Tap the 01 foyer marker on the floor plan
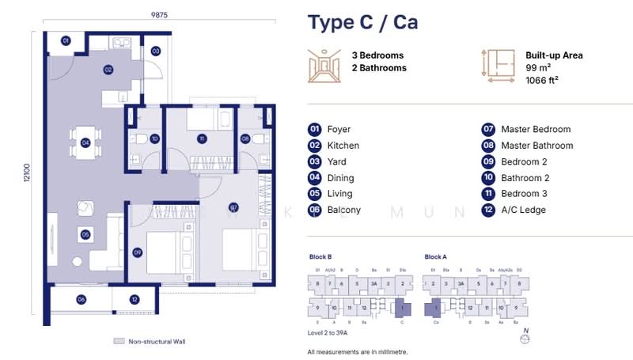(66, 40)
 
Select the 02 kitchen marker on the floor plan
(108, 70)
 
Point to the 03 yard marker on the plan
(156, 51)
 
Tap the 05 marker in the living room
(84, 234)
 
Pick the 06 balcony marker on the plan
(81, 299)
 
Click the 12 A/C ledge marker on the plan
(134, 299)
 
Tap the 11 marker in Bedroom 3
(202, 138)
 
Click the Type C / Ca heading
(362, 22)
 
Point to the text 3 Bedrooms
(377, 55)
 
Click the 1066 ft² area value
(542, 80)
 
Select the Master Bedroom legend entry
(536, 129)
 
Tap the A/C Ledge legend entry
(523, 210)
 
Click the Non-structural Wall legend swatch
(119, 341)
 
